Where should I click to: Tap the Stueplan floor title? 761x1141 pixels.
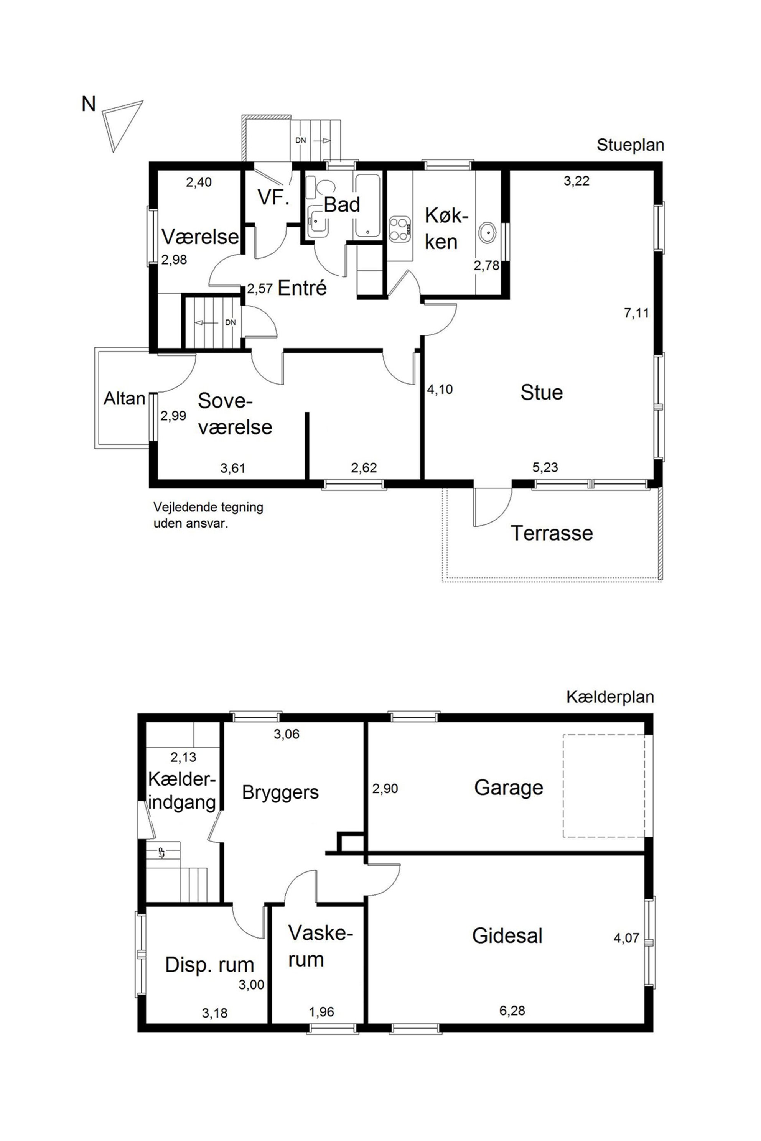pos(630,145)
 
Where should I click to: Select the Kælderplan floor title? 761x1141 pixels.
pos(610,697)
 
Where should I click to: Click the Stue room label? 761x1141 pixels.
pos(542,392)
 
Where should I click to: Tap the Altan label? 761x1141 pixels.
pos(125,398)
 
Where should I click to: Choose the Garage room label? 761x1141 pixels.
pos(509,788)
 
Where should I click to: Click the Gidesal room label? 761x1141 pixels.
pos(507,936)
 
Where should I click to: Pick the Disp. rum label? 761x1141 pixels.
pos(210,965)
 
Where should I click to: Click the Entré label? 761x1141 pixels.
pos(302,288)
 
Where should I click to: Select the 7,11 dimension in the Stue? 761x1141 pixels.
pos(636,313)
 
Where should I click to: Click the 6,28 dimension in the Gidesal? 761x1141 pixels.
pos(512,1011)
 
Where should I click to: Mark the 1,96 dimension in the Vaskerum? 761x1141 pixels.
pos(321,1012)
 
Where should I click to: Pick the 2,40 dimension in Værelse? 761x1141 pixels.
pos(199,182)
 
